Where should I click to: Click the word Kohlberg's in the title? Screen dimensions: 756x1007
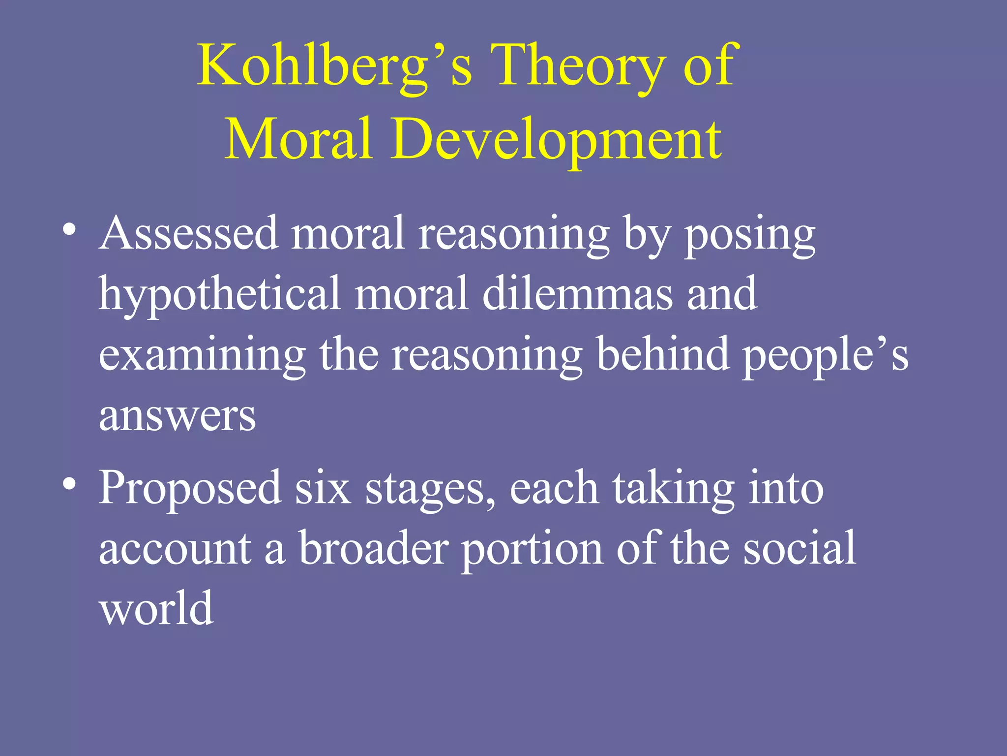334,66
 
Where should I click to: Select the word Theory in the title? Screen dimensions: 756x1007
577,66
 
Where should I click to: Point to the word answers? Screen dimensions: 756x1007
178,416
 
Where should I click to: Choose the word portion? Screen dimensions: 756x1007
532,549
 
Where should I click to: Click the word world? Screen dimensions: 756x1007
156,607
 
